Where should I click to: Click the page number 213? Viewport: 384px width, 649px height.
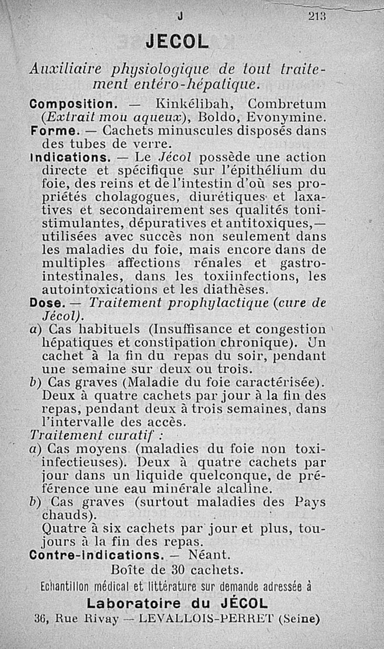[317, 16]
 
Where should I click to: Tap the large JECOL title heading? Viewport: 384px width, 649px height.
[178, 42]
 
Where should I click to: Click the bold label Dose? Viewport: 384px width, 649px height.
[47, 303]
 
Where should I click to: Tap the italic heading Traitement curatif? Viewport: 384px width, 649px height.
[96, 436]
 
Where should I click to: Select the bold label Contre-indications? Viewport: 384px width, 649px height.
[95, 556]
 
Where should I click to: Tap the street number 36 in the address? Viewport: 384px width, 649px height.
[40, 618]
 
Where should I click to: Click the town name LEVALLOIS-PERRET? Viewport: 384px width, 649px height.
[205, 618]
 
